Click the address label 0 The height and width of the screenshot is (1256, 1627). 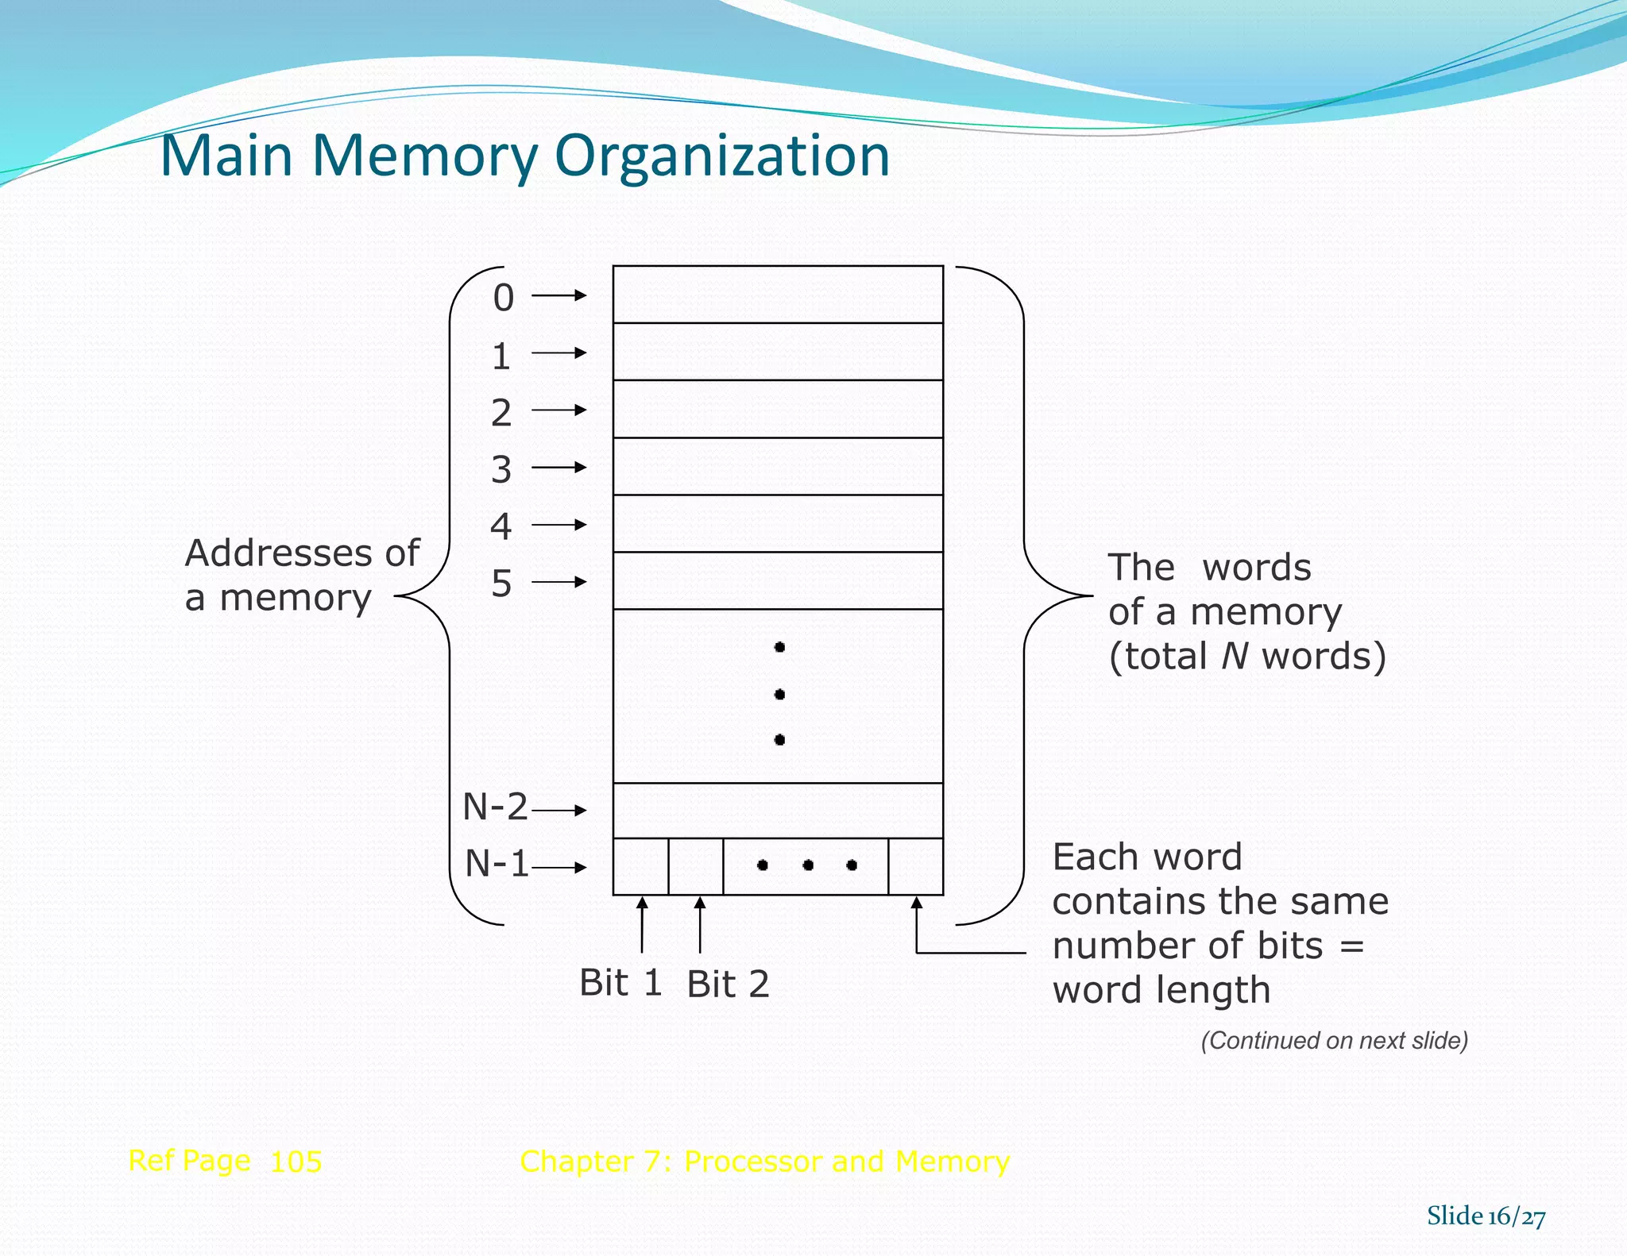pos(503,298)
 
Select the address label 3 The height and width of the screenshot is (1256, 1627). pos(501,469)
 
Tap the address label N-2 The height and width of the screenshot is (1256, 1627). pos(495,807)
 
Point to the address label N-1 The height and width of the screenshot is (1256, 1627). pos(497,863)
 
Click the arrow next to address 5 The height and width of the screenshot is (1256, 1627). pos(558,582)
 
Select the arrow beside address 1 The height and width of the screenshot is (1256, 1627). pos(558,353)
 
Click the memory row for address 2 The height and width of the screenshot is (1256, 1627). pos(778,409)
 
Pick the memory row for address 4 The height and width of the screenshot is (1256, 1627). pos(778,523)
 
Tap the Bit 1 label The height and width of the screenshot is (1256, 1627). pos(620,983)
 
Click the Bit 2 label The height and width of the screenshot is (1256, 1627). pos(728,984)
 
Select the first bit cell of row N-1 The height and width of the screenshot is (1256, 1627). pos(640,866)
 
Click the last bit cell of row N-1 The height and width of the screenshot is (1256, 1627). pos(915,866)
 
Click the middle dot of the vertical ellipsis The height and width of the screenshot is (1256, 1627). pos(779,694)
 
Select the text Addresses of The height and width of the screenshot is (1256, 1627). pos(302,553)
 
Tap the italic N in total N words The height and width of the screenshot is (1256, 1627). pos(1235,656)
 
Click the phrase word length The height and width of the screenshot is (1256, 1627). pos(1161,990)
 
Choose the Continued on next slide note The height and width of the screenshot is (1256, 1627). pos(1334,1040)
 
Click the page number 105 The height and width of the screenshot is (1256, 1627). pos(296,1162)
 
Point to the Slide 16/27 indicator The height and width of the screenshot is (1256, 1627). pos(1486,1216)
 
